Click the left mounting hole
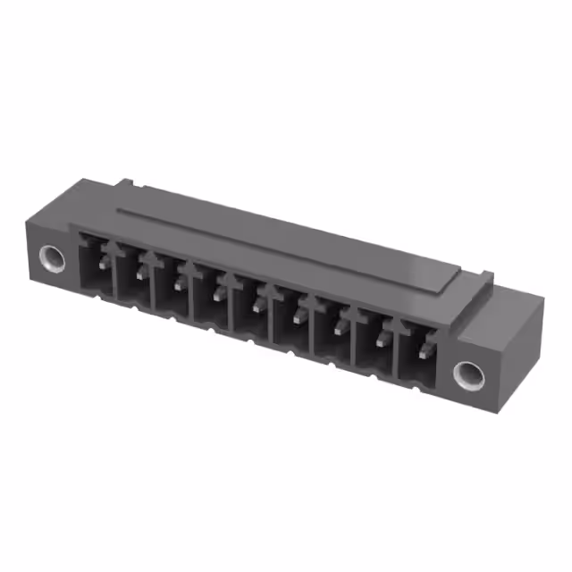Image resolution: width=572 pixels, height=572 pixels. pyautogui.click(x=54, y=260)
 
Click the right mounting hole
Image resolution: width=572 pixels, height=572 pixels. pyautogui.click(x=467, y=374)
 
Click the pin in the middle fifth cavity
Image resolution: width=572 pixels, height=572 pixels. pyautogui.click(x=260, y=305)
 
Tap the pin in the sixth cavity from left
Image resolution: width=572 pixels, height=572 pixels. pyautogui.click(x=299, y=316)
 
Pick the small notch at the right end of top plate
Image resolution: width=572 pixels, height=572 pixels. pyautogui.click(x=483, y=276)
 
